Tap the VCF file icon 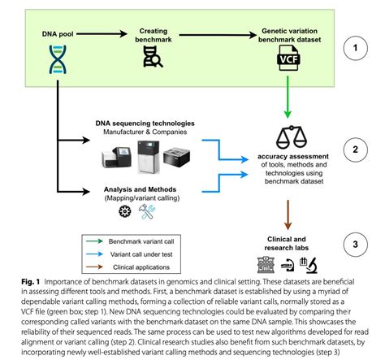coord(288,59)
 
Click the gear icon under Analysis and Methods coord(125,211)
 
